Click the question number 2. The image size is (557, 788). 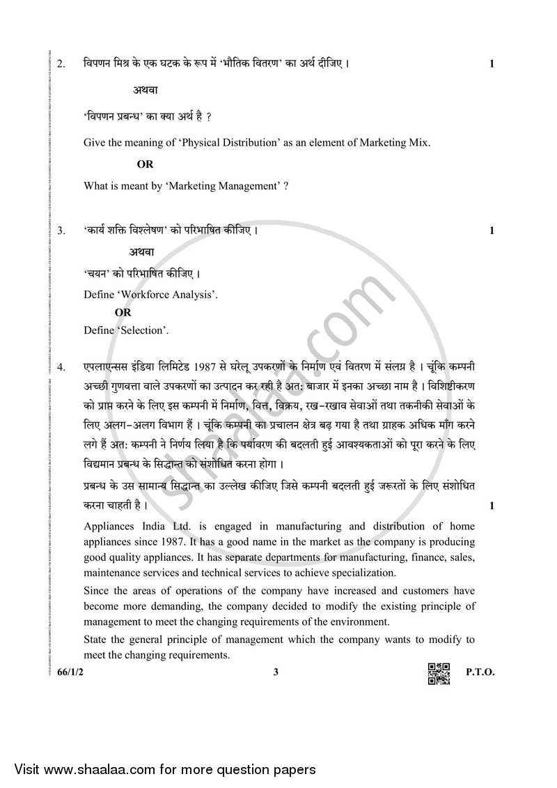click(61, 65)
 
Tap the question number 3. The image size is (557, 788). click(61, 230)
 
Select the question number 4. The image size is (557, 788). click(61, 366)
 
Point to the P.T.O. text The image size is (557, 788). click(480, 673)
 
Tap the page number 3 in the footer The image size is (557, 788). click(276, 673)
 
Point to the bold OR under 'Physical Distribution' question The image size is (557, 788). click(145, 164)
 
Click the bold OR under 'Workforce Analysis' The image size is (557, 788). click(123, 313)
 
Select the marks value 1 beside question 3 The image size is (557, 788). click(492, 231)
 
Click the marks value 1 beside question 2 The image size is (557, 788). click(492, 65)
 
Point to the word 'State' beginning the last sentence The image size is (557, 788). click(96, 639)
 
